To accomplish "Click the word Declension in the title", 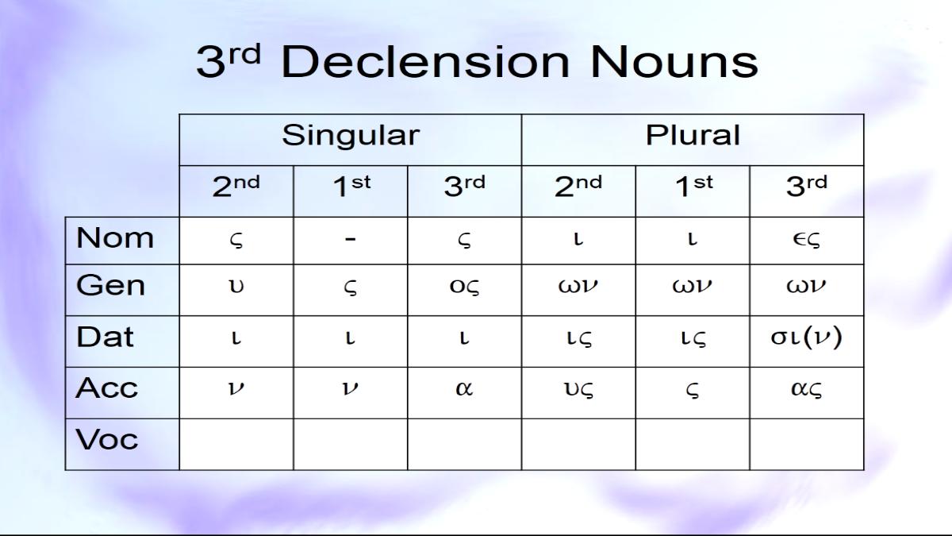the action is pos(424,62).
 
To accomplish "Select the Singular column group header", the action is pos(351,136).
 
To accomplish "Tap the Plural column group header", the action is pos(693,135).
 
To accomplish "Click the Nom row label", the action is pos(115,237).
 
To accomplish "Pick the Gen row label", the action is pos(110,285).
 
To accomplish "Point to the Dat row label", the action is pos(105,337).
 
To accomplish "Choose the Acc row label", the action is pos(106,388).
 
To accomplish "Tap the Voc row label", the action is pos(106,439).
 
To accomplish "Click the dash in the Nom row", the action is pos(350,239).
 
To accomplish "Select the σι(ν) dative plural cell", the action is pos(806,337).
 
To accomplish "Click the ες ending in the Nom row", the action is pos(806,240).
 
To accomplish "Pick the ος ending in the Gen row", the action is pos(464,287).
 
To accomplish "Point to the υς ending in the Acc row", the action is pos(578,389).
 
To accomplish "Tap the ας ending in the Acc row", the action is pos(806,389).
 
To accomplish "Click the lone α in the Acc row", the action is pos(464,388).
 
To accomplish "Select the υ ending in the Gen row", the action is pos(236,286).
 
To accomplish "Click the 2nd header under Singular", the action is pos(236,187).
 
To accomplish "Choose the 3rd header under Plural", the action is pos(807,187).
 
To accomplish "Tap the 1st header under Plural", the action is pos(694,187).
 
